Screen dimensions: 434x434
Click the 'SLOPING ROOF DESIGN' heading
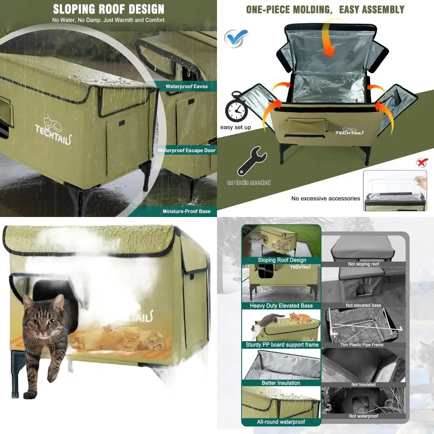pyautogui.click(x=108, y=9)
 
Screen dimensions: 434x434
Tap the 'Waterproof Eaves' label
pyautogui.click(x=186, y=86)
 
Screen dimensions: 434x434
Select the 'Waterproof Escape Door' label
pyautogui.click(x=186, y=151)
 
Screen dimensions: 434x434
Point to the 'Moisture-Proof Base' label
pyautogui.click(x=186, y=211)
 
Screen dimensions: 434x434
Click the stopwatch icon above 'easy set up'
pyautogui.click(x=236, y=107)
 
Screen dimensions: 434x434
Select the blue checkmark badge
pyautogui.click(x=236, y=38)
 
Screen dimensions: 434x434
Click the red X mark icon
pyautogui.click(x=421, y=162)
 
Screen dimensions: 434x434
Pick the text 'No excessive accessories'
pyautogui.click(x=325, y=198)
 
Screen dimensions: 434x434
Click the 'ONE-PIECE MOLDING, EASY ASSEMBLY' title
pyautogui.click(x=325, y=10)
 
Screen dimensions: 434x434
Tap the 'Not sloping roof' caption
pyautogui.click(x=363, y=264)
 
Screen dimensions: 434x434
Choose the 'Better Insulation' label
pyautogui.click(x=281, y=383)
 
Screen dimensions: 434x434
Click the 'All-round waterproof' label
pyautogui.click(x=281, y=421)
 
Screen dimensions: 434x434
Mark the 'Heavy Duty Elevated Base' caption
pyautogui.click(x=281, y=306)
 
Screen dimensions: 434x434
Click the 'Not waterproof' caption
pyautogui.click(x=363, y=416)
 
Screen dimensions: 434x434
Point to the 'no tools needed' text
pyautogui.click(x=248, y=182)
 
